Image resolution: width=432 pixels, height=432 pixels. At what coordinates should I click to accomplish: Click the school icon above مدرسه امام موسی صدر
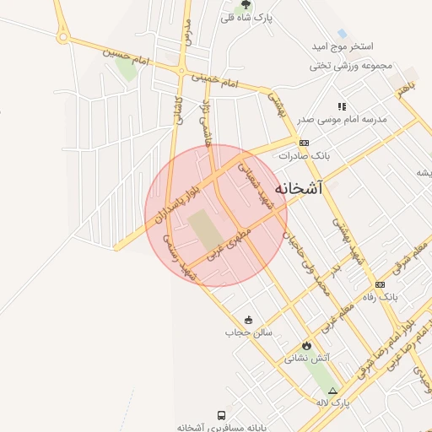(342, 106)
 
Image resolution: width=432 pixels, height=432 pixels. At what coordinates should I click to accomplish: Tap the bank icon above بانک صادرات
(304, 143)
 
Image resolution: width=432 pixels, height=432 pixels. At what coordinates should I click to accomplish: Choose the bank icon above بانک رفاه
(380, 284)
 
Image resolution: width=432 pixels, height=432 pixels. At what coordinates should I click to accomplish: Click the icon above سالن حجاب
(248, 320)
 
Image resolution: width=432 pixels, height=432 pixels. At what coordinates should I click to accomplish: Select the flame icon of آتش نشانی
(305, 345)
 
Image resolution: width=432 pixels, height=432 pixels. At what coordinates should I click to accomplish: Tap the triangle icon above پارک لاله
(332, 391)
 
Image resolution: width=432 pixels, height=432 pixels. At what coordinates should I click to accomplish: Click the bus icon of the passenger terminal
(221, 415)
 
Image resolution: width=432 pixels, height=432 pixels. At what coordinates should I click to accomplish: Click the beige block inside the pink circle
(202, 230)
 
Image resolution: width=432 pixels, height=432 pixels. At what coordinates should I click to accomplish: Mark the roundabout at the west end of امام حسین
(62, 37)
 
